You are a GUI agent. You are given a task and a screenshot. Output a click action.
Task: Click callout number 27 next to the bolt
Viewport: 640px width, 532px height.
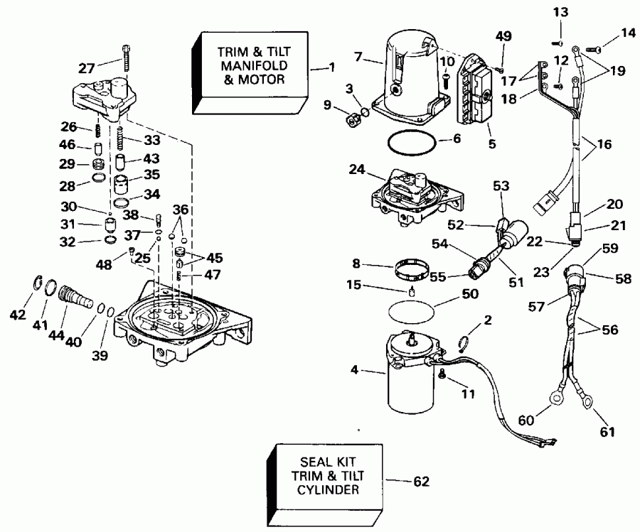[86, 69]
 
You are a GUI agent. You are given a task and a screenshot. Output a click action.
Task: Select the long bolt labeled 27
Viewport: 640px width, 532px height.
[126, 56]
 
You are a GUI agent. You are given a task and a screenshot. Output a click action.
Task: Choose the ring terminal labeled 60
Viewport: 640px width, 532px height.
[550, 411]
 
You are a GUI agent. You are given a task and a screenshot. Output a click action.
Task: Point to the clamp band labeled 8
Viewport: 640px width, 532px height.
[410, 271]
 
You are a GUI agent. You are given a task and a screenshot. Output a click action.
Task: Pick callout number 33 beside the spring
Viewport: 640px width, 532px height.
[151, 140]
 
